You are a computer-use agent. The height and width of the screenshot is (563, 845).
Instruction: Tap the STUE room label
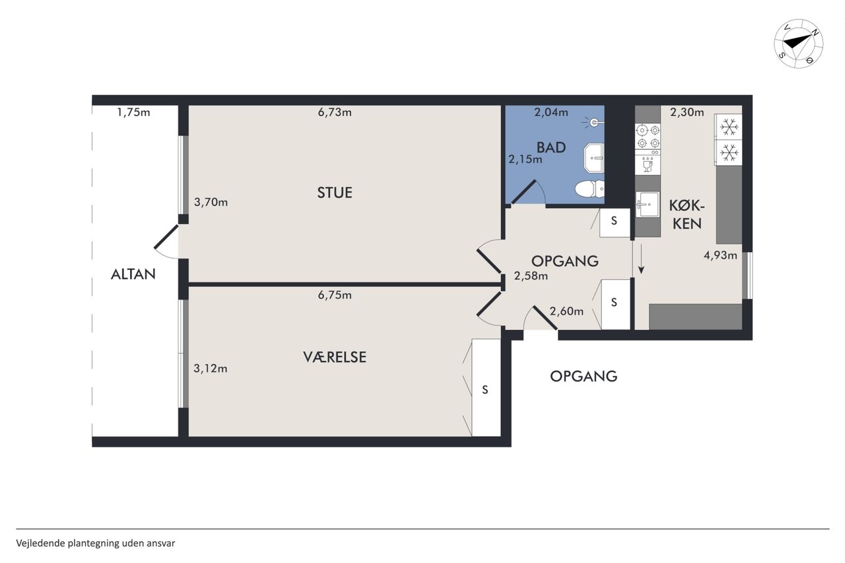(335, 193)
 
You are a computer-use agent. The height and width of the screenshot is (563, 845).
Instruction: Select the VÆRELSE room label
(335, 357)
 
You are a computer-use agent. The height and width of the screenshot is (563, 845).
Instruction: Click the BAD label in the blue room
(551, 147)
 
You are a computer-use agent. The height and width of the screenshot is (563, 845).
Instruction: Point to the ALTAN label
(133, 274)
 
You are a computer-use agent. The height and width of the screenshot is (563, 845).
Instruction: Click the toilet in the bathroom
(590, 189)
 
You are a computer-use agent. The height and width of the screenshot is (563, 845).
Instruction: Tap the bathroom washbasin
(594, 157)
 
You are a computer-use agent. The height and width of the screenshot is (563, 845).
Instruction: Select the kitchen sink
(648, 205)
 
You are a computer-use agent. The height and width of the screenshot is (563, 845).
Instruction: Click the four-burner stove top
(648, 137)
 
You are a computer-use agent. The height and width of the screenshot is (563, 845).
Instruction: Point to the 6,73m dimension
(335, 112)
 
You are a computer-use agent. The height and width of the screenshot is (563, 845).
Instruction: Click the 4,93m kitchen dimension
(720, 255)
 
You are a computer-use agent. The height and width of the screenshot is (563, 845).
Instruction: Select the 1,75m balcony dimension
(133, 112)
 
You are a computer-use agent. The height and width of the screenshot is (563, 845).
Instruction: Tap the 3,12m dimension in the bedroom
(211, 368)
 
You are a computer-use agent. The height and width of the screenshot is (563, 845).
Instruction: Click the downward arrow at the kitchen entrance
(641, 259)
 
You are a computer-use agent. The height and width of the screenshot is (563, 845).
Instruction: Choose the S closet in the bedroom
(486, 387)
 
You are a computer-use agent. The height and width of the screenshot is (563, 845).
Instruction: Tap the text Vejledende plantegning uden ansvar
(96, 543)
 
